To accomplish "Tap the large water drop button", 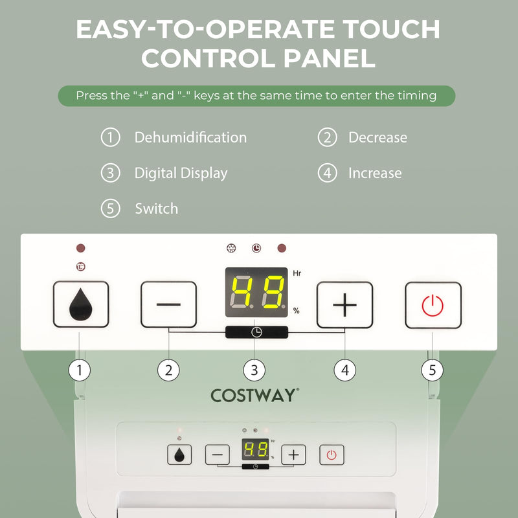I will (x=80, y=305).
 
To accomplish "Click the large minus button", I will (x=168, y=304).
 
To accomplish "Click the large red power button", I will (x=433, y=305).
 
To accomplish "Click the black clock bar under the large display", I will (x=256, y=332).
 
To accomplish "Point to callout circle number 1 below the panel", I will (x=80, y=370).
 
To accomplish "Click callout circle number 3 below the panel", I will (x=254, y=370).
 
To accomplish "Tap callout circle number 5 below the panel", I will (x=433, y=370).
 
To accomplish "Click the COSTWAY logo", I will (x=255, y=396).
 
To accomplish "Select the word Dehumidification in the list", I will (x=190, y=138).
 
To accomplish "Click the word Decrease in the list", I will (x=377, y=138).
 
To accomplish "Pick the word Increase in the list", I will (x=375, y=174).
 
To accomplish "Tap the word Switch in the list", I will (x=156, y=209).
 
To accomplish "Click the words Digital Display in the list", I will (x=181, y=174).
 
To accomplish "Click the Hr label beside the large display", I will (x=297, y=274).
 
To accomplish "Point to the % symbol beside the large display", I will (x=297, y=311).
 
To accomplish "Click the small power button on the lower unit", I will (x=332, y=455).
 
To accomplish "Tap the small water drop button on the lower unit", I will (x=179, y=455).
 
